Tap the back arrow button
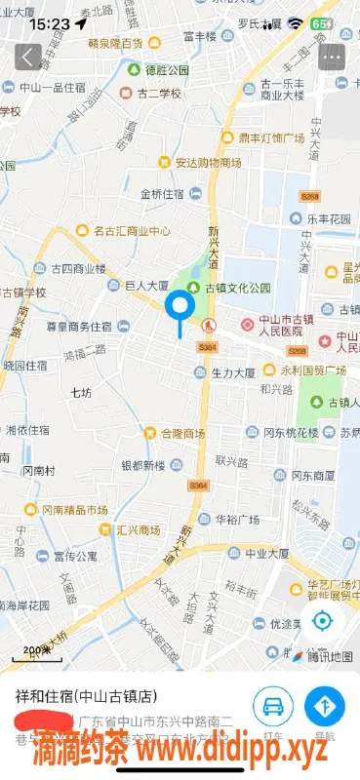pyautogui.click(x=28, y=56)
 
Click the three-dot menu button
pyautogui.click(x=333, y=57)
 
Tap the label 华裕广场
pyautogui.click(x=234, y=520)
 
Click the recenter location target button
pyautogui.click(x=324, y=620)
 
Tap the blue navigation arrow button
pyautogui.click(x=325, y=706)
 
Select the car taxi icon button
pyautogui.click(x=274, y=706)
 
